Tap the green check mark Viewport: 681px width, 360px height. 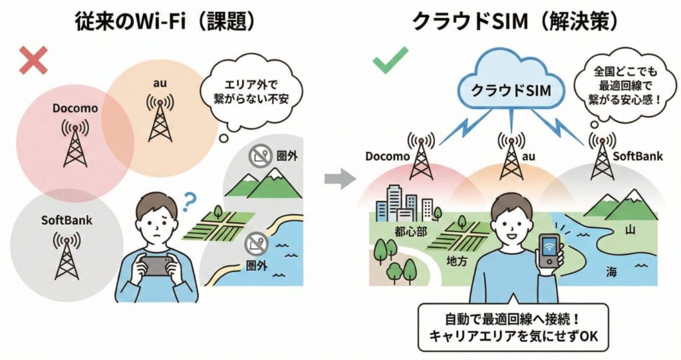(386, 61)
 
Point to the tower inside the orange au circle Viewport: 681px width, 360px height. (160, 119)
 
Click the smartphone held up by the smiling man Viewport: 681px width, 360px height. (549, 251)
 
